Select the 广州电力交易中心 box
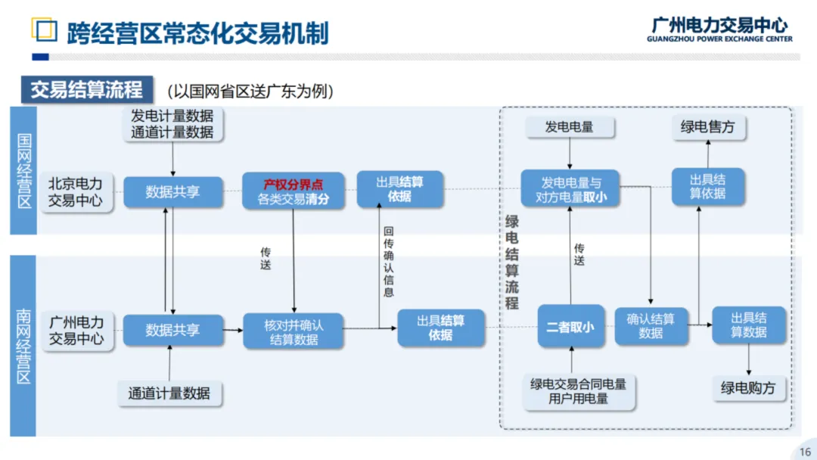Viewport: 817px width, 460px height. (76, 330)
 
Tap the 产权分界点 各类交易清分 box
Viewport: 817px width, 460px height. (293, 192)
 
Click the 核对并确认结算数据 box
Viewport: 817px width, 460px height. (293, 331)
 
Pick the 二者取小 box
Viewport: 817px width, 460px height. (570, 326)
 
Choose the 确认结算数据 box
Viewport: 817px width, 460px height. (651, 325)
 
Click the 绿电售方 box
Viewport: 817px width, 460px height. (707, 127)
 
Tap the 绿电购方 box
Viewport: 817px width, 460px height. (748, 388)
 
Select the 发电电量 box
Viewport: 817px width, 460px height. (569, 127)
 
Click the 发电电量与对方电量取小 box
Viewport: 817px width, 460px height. (570, 189)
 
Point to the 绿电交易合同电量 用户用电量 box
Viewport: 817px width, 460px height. (578, 391)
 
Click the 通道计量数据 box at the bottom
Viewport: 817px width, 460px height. (169, 393)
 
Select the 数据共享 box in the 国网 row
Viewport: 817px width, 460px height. (172, 192)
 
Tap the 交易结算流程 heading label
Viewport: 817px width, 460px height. (86, 90)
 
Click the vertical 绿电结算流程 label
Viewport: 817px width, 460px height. (512, 262)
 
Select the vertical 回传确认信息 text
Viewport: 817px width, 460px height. (389, 261)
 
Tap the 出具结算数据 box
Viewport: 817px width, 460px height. (749, 325)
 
